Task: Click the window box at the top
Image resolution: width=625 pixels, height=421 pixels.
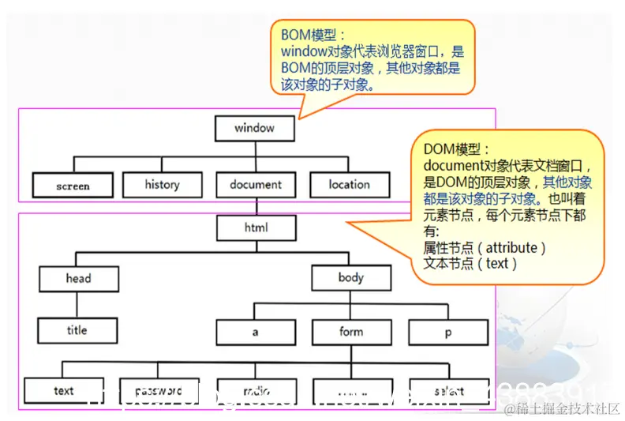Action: (x=255, y=128)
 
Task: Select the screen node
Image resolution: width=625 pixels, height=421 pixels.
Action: (x=73, y=186)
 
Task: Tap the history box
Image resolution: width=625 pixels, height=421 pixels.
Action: (x=162, y=185)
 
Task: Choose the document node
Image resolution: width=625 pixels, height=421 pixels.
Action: (x=255, y=185)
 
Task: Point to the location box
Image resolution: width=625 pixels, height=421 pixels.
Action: (x=349, y=185)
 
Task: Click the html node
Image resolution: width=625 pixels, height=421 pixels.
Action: (x=255, y=227)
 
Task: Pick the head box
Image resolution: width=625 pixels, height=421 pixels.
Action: (x=78, y=278)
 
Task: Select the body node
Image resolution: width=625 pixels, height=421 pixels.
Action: (x=350, y=278)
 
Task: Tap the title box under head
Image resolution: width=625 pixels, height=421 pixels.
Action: (x=78, y=330)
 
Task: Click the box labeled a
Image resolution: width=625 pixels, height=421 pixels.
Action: (x=255, y=332)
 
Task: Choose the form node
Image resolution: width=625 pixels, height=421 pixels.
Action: (x=350, y=332)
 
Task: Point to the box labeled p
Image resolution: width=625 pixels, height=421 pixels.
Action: (x=447, y=332)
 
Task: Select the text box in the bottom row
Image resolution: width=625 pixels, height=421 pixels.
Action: (x=64, y=390)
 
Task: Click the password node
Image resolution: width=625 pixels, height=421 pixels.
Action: (x=159, y=390)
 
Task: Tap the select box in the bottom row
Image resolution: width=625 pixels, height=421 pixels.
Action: (x=447, y=390)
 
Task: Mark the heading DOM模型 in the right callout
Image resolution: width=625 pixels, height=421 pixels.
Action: (x=456, y=149)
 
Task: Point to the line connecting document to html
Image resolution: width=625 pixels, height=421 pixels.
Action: (x=255, y=206)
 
